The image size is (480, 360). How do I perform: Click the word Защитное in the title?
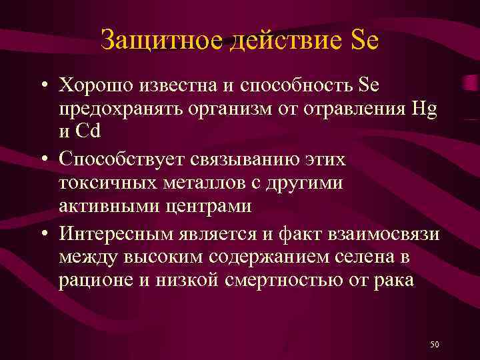click(162, 41)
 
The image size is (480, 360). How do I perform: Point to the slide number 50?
click(434, 344)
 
